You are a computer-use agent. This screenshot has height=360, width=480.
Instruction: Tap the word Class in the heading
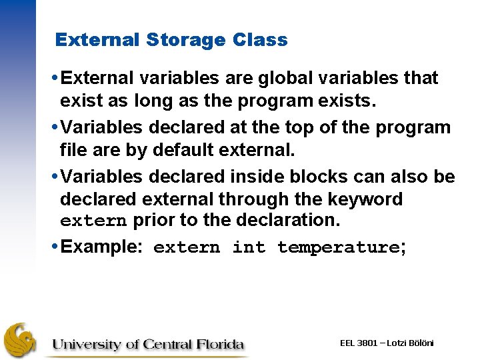pyautogui.click(x=261, y=40)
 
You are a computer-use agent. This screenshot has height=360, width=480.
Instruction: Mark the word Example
pyautogui.click(x=100, y=247)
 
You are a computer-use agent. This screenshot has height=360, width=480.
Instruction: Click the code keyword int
pyautogui.click(x=248, y=247)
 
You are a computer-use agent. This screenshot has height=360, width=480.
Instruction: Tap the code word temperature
pyautogui.click(x=338, y=247)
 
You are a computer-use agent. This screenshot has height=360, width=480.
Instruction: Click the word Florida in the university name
pyautogui.click(x=221, y=345)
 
